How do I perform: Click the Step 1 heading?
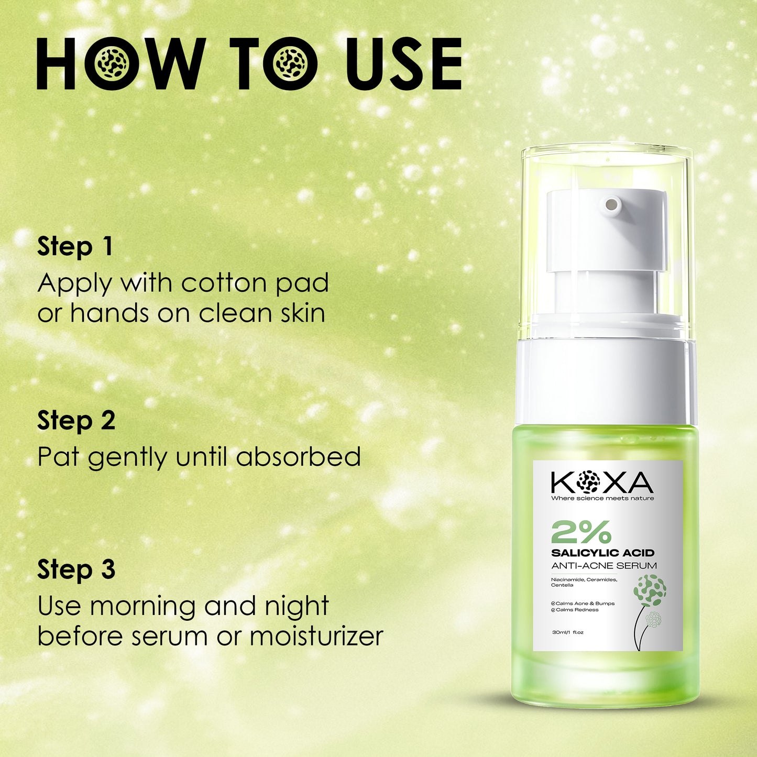[x=75, y=246]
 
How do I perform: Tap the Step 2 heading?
[x=76, y=420]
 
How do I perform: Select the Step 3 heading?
[x=76, y=569]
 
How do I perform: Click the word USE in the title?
[x=404, y=64]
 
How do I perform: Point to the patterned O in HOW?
[x=112, y=64]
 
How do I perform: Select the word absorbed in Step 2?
[x=298, y=457]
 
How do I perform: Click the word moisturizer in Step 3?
[x=316, y=637]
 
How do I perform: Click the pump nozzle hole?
[x=611, y=205]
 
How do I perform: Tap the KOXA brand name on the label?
[x=602, y=482]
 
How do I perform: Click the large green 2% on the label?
[x=581, y=532]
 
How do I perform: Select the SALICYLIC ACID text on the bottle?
[x=602, y=553]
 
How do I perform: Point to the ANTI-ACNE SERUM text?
[x=604, y=566]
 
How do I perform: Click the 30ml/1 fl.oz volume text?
[x=567, y=632]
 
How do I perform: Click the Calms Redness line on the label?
[x=577, y=610]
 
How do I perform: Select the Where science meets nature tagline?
[x=602, y=498]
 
